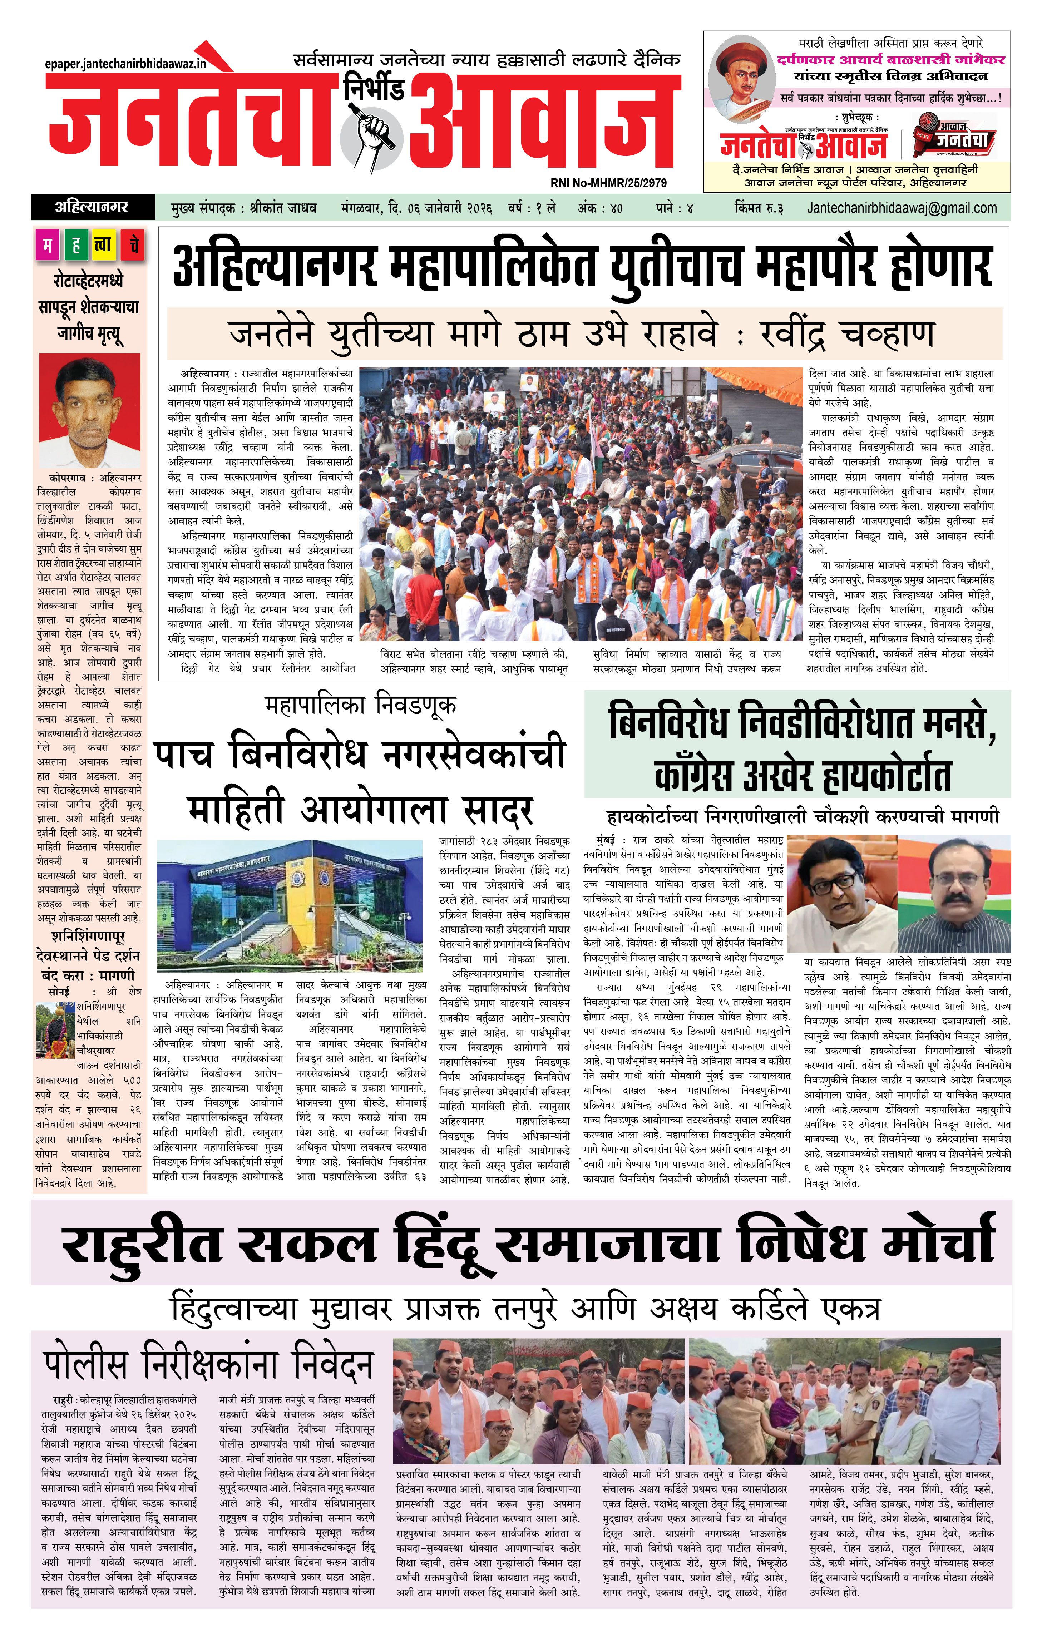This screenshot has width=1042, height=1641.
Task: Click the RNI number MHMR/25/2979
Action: click(608, 183)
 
